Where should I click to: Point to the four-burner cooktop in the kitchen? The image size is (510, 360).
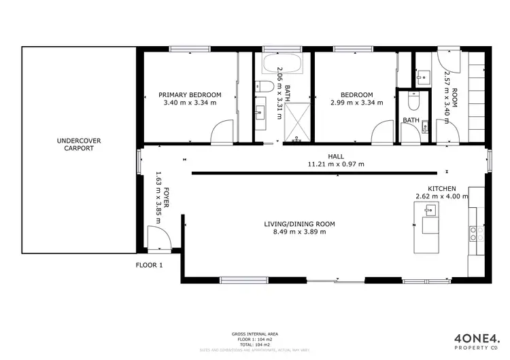coord(480,234)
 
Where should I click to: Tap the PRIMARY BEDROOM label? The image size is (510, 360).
coord(190,94)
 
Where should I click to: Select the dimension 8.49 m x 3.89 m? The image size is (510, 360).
coord(299,232)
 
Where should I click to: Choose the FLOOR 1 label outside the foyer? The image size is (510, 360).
coord(149,265)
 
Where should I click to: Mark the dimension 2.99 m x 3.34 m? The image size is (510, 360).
coord(356,103)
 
